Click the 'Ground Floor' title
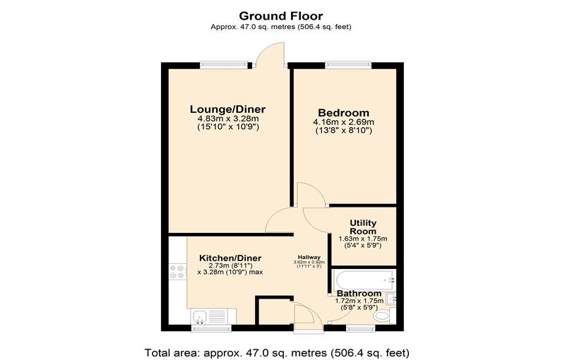coord(281,15)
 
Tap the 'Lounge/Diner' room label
coord(227,109)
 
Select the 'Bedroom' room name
coord(343,113)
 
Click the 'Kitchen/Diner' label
coord(230,258)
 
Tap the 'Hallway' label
coord(308,257)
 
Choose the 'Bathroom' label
coord(359,293)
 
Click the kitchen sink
coord(206,316)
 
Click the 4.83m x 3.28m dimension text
coord(227,119)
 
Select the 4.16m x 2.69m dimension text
coord(343,122)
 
